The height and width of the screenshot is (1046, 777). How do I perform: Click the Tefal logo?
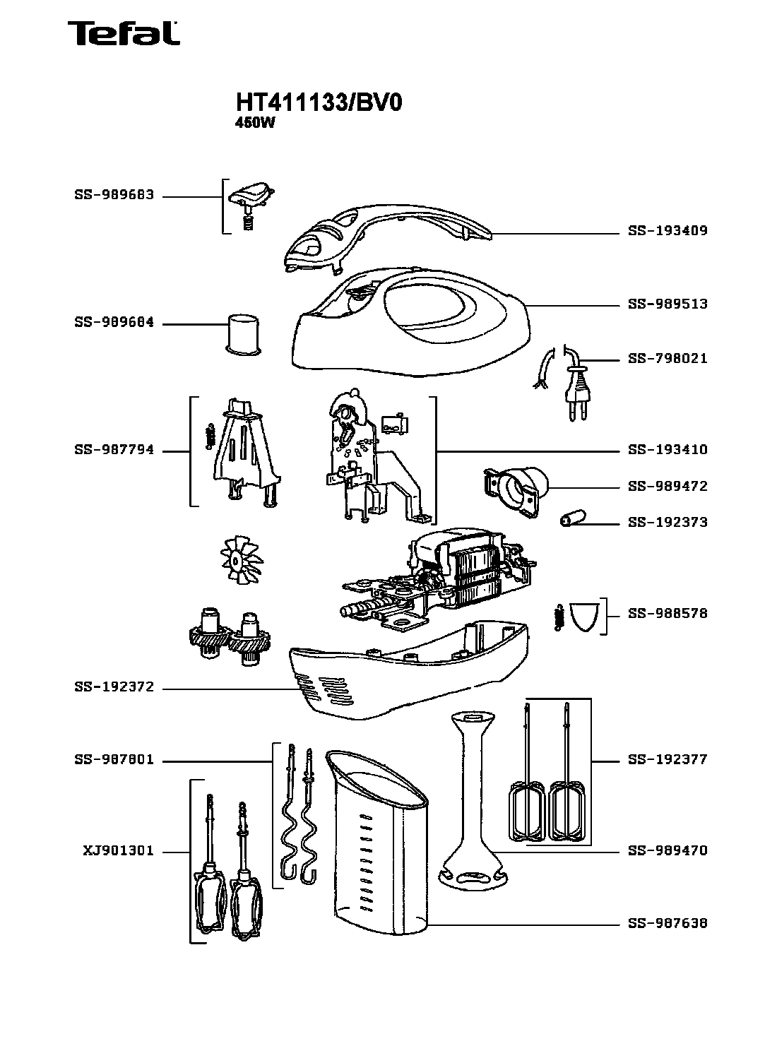pyautogui.click(x=122, y=33)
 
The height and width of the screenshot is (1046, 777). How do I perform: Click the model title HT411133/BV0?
pyautogui.click(x=319, y=104)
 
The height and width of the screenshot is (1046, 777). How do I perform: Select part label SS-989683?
pyautogui.click(x=114, y=195)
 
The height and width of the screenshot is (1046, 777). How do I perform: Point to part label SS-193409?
pyautogui.click(x=668, y=231)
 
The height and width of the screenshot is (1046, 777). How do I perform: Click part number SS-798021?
pyautogui.click(x=668, y=359)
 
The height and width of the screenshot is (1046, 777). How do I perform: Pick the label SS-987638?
pyautogui.click(x=668, y=923)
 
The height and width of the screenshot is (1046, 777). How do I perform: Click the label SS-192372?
pyautogui.click(x=114, y=687)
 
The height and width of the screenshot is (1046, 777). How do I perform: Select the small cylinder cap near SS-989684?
pyautogui.click(x=242, y=332)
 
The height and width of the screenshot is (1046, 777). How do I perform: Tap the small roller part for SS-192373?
pyautogui.click(x=573, y=521)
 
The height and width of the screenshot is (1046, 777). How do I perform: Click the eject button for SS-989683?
pyautogui.click(x=254, y=196)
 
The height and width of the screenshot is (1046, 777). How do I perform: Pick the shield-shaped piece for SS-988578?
pyautogui.click(x=583, y=615)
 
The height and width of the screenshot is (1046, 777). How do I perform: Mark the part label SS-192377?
pyautogui.click(x=668, y=760)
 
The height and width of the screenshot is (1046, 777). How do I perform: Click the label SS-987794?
pyautogui.click(x=114, y=450)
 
